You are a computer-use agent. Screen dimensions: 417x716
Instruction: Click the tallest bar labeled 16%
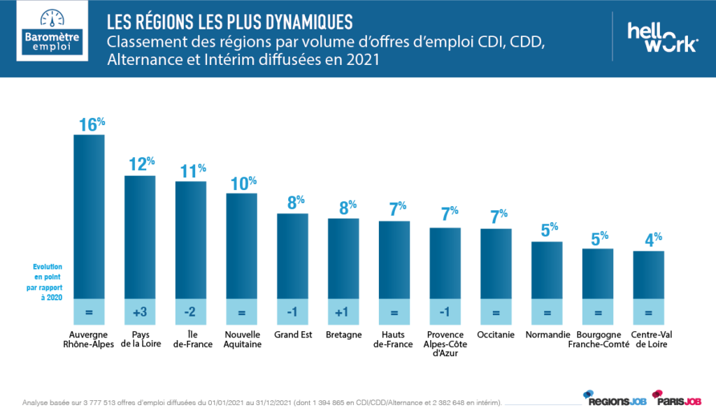tap(89, 217)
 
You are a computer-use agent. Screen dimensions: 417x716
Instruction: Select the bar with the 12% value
tap(140, 237)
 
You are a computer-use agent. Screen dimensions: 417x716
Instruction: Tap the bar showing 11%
tap(191, 240)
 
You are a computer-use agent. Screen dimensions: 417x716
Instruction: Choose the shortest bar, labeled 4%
tap(649, 275)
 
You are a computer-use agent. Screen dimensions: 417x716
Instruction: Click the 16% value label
tap(92, 124)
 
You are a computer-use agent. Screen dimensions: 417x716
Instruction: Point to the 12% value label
tap(142, 164)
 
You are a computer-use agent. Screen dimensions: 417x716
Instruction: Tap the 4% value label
tap(651, 240)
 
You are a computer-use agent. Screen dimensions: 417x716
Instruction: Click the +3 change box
tap(140, 313)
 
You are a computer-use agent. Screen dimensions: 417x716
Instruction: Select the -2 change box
tap(191, 313)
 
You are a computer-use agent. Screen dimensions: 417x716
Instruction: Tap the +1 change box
tap(343, 313)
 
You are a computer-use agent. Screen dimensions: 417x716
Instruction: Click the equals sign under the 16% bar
tap(89, 313)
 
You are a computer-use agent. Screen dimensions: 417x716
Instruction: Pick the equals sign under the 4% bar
tap(649, 313)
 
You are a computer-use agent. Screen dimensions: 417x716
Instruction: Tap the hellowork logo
tap(661, 36)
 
